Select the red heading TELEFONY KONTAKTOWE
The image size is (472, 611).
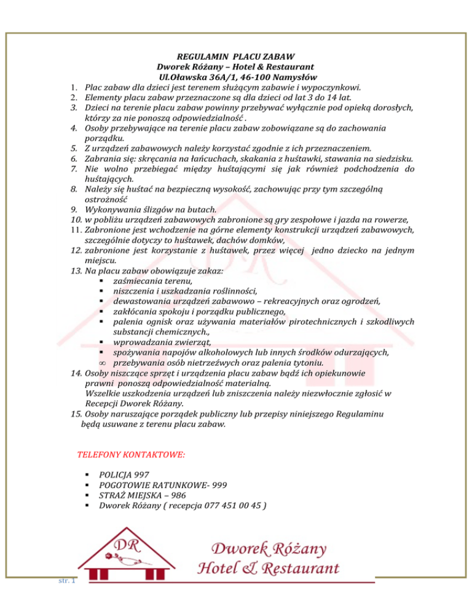(132, 455)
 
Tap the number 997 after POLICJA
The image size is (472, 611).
(141, 475)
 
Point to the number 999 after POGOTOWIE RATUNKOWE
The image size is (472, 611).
(218, 485)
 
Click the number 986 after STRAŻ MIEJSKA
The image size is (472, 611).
(179, 495)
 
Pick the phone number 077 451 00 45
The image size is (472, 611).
(234, 506)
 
